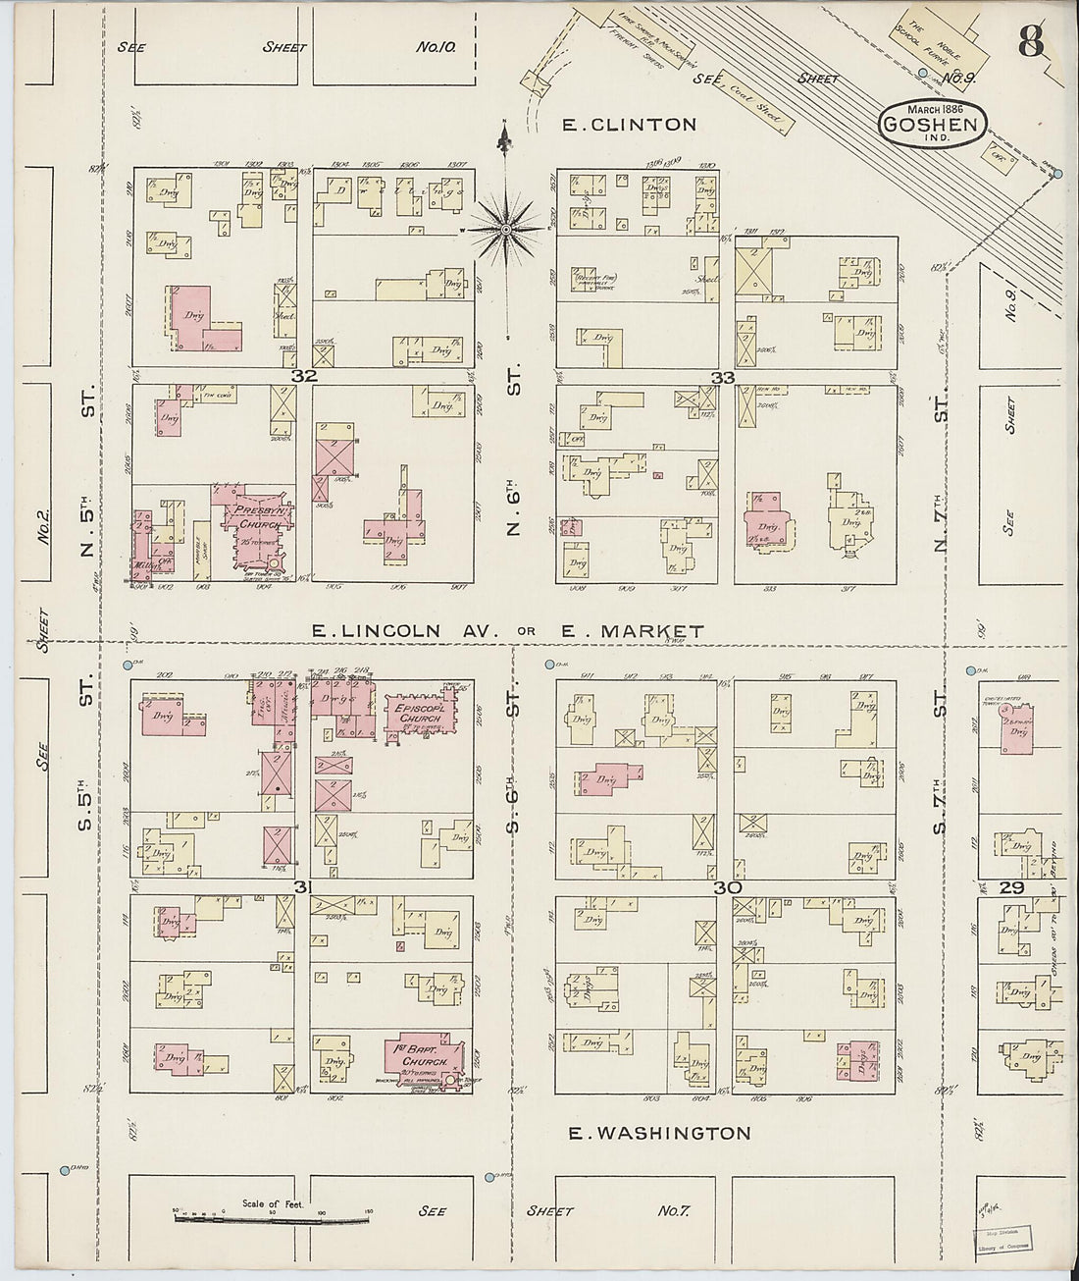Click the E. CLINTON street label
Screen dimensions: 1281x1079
point(628,125)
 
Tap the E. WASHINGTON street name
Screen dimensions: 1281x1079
point(661,1133)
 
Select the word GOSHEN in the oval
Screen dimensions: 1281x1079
point(929,125)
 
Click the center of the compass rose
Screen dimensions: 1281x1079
point(505,230)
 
